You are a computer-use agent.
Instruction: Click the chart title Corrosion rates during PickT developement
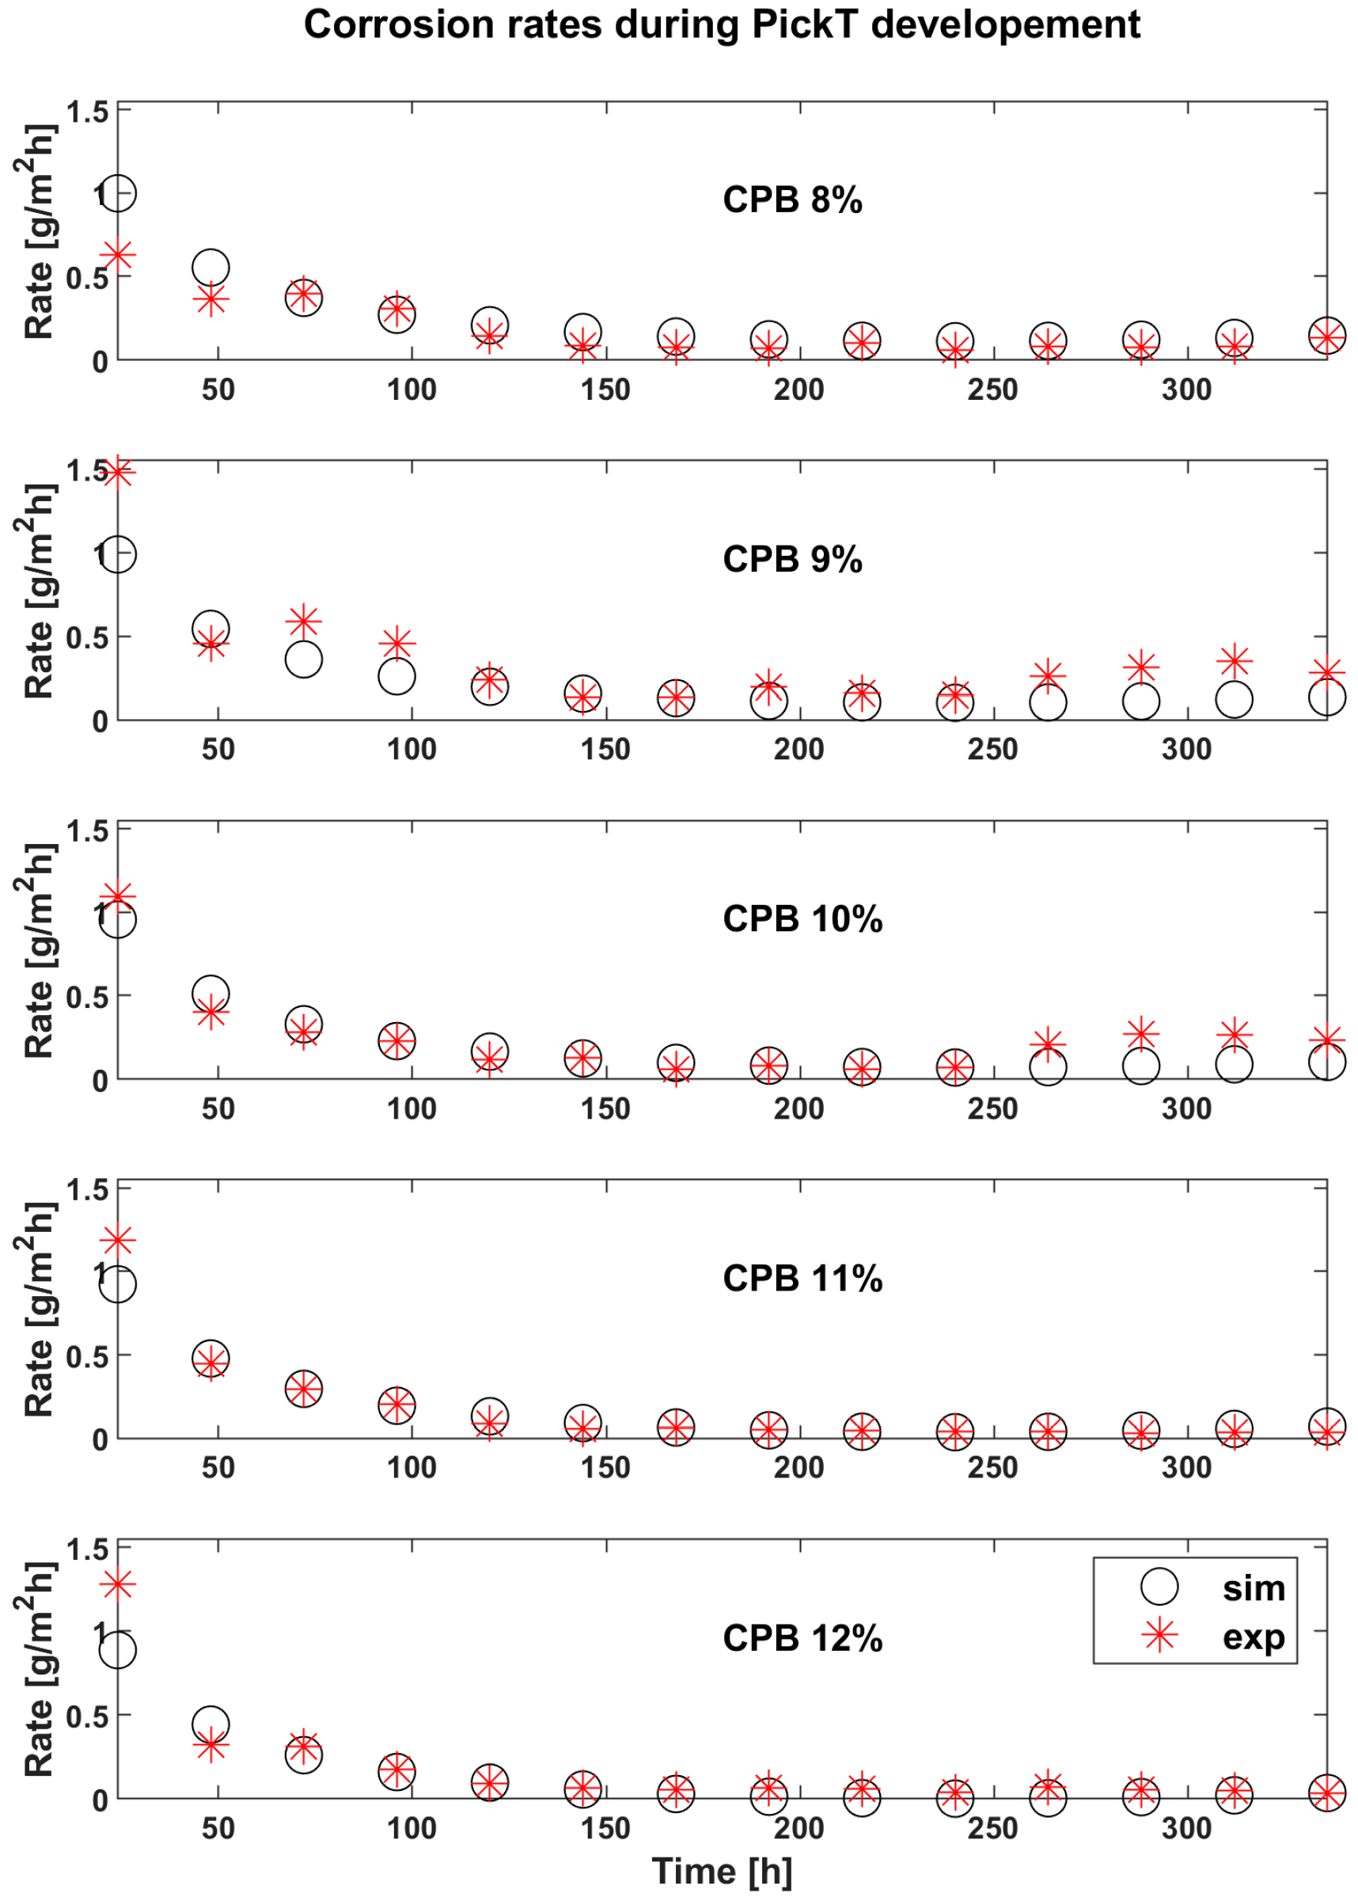[722, 25]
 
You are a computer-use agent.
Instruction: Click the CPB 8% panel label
[792, 200]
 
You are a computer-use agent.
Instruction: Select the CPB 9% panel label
[792, 559]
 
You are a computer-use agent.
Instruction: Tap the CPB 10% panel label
[802, 918]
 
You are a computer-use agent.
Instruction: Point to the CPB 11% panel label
[802, 1278]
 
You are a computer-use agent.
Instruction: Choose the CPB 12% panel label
[802, 1637]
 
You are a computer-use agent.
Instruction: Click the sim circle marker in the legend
[1159, 1587]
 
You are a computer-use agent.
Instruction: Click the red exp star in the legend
[1159, 1635]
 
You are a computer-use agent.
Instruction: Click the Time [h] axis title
[722, 1871]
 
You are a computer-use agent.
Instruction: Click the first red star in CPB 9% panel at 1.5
[118, 472]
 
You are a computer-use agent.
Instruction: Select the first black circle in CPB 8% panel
[118, 193]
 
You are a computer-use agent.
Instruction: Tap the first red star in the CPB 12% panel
[118, 1584]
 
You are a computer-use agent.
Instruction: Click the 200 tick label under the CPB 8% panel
[798, 390]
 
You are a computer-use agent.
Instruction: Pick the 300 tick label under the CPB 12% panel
[1185, 1828]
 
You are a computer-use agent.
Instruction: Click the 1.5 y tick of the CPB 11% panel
[87, 1189]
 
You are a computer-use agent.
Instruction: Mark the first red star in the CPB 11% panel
[118, 1241]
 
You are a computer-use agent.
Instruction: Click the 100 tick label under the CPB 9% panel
[412, 749]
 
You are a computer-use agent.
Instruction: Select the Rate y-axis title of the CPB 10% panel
[38, 949]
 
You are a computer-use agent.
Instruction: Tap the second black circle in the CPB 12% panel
[211, 1724]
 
